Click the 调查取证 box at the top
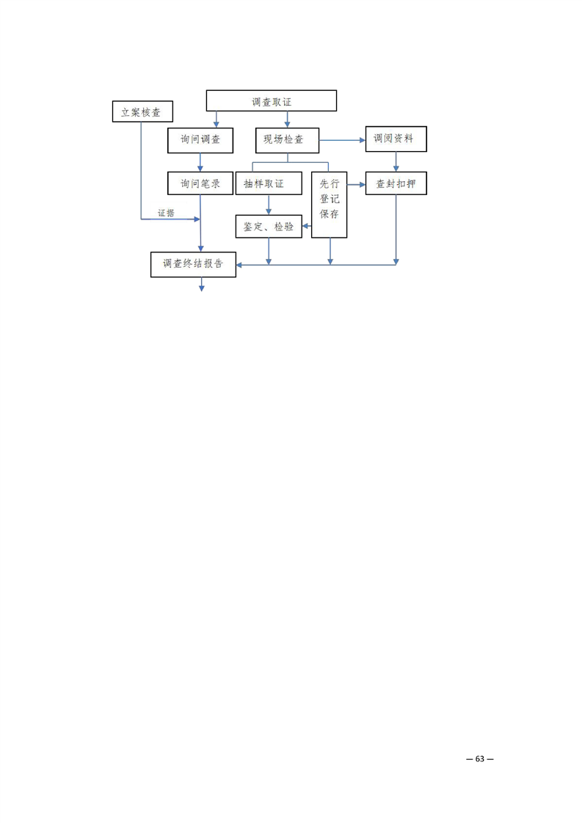coord(271,100)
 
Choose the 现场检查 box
coord(287,139)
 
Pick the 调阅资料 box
coord(396,139)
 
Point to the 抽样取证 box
coord(268,183)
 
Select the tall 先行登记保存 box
coord(329,205)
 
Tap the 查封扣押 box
coord(396,183)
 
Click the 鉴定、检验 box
coord(268,227)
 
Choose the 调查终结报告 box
coord(193,264)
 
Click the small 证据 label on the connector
coord(166,213)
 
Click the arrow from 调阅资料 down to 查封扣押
coord(396,162)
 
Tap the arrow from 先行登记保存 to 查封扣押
coord(357,183)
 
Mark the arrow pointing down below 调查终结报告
coord(201,285)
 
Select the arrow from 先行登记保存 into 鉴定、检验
coord(308,227)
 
